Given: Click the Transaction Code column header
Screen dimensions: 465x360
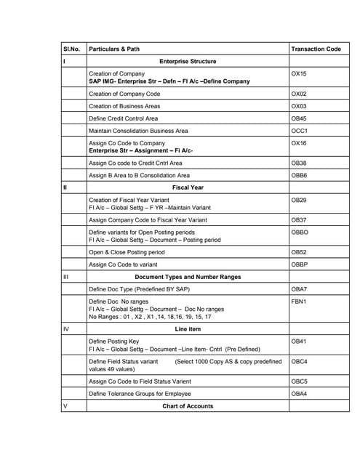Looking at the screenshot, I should coord(316,49).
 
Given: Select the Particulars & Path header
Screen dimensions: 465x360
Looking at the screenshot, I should coord(113,49).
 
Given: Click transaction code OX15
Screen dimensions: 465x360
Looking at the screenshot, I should coord(299,73).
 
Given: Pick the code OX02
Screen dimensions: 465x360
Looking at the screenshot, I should coord(299,94).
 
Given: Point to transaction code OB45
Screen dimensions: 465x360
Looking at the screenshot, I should coord(299,118).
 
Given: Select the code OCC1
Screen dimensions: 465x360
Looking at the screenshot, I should coord(299,131).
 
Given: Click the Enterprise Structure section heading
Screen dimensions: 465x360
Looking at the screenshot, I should coord(188,62).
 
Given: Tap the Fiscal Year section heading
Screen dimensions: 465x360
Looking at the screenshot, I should coord(188,187).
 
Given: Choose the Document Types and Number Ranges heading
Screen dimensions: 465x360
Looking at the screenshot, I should coord(188,278).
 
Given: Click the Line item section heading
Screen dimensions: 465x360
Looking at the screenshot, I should coord(188,328).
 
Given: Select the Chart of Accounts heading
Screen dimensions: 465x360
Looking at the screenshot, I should coord(188,406).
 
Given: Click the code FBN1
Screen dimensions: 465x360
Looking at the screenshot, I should coord(299,300).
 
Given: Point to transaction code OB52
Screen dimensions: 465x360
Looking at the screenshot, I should coord(299,252).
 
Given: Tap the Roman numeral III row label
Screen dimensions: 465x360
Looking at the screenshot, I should coord(67,278).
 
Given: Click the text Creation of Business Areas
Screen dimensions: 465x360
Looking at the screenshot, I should coord(124,106).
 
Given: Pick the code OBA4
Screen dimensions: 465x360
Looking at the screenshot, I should coord(299,394).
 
